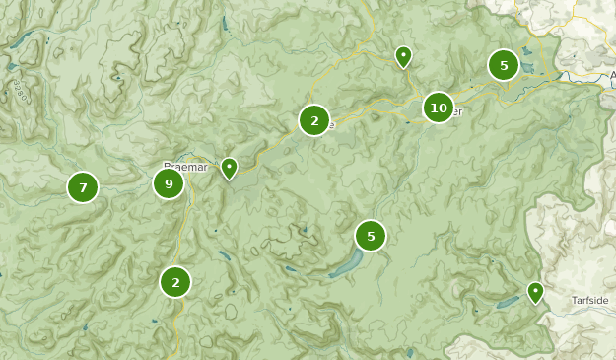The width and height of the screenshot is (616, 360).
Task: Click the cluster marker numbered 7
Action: (x=83, y=186)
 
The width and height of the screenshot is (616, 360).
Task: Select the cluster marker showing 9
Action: (x=169, y=183)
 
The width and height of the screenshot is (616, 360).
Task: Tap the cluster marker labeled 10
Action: (x=439, y=108)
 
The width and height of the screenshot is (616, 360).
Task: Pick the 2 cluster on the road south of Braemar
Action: (x=175, y=282)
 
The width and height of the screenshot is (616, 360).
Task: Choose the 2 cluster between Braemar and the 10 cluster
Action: (x=314, y=120)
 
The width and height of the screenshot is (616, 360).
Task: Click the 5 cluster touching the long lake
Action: (x=371, y=236)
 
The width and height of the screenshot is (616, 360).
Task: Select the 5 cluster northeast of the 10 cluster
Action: (x=504, y=66)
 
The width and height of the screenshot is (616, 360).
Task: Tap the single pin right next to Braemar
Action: (x=229, y=168)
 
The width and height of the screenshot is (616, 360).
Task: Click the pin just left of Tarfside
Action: (x=535, y=291)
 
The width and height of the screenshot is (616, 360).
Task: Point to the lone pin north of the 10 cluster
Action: (x=403, y=55)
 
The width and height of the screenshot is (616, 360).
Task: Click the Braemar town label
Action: (x=184, y=166)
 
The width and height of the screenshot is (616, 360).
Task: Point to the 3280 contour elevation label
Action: (x=17, y=92)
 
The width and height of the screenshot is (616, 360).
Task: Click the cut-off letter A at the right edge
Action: (x=612, y=74)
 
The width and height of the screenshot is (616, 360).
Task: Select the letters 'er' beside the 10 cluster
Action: (x=456, y=112)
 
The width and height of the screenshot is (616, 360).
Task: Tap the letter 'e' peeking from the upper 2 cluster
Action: (x=332, y=125)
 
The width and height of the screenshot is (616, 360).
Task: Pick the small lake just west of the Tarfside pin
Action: (x=509, y=303)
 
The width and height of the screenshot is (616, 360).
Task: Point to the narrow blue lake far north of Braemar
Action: (x=226, y=22)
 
